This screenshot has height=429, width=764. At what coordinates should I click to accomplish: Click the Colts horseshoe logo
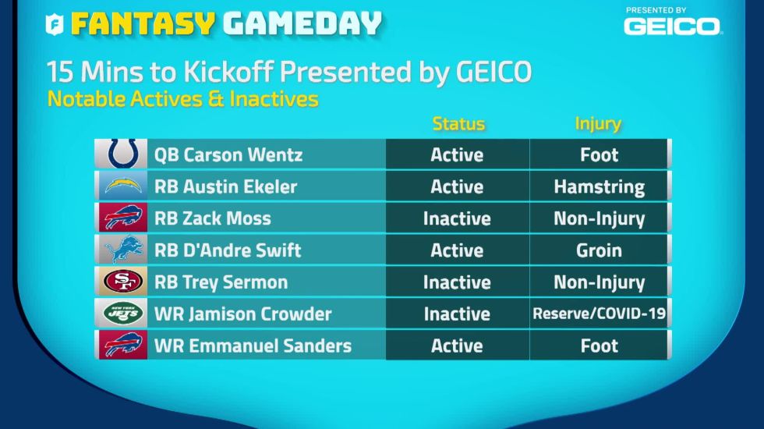[x=123, y=153]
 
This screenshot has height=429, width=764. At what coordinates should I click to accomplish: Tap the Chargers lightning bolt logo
[x=123, y=186]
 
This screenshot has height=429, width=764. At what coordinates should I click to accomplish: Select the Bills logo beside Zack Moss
[x=123, y=218]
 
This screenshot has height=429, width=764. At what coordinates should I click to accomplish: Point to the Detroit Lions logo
[x=124, y=249]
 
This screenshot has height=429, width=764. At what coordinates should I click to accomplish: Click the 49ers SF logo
[x=123, y=282]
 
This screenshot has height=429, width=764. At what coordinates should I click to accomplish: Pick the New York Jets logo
[x=123, y=313]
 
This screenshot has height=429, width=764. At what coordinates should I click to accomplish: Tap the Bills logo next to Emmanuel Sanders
[x=123, y=345]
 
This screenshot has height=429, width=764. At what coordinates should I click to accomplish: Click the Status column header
[x=458, y=124]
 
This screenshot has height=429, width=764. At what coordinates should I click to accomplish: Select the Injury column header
[x=598, y=124]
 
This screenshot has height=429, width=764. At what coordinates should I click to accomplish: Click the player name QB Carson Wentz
[x=228, y=154]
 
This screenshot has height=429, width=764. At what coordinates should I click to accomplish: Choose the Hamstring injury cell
[x=600, y=186]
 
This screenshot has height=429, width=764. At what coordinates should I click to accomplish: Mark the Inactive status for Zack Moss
[x=457, y=218]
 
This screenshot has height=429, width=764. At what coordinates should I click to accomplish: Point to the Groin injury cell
[x=599, y=250]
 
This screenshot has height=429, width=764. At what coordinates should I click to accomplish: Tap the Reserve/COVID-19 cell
[x=600, y=313]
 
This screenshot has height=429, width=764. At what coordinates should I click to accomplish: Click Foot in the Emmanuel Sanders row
[x=600, y=346]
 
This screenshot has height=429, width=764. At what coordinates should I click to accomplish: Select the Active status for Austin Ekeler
[x=457, y=186]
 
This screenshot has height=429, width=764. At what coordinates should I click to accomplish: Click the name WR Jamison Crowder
[x=242, y=314]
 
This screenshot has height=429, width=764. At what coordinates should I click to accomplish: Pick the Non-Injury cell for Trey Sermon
[x=600, y=282]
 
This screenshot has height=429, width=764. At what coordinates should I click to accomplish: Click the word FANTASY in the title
[x=143, y=23]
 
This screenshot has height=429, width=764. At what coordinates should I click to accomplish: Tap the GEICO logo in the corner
[x=671, y=26]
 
